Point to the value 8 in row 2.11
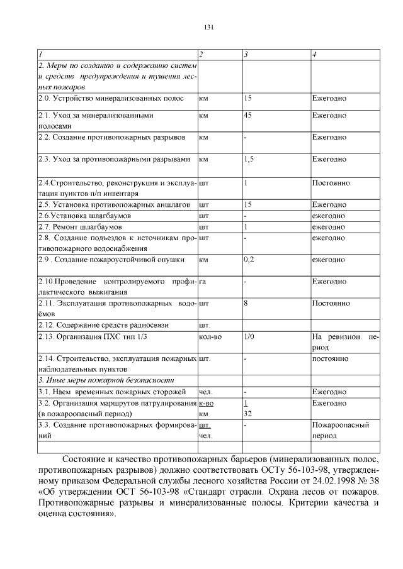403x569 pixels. (x=246, y=303)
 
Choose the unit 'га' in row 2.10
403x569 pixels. (x=202, y=282)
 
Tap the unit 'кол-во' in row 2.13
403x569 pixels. (x=210, y=336)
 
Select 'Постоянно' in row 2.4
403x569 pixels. (x=331, y=183)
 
